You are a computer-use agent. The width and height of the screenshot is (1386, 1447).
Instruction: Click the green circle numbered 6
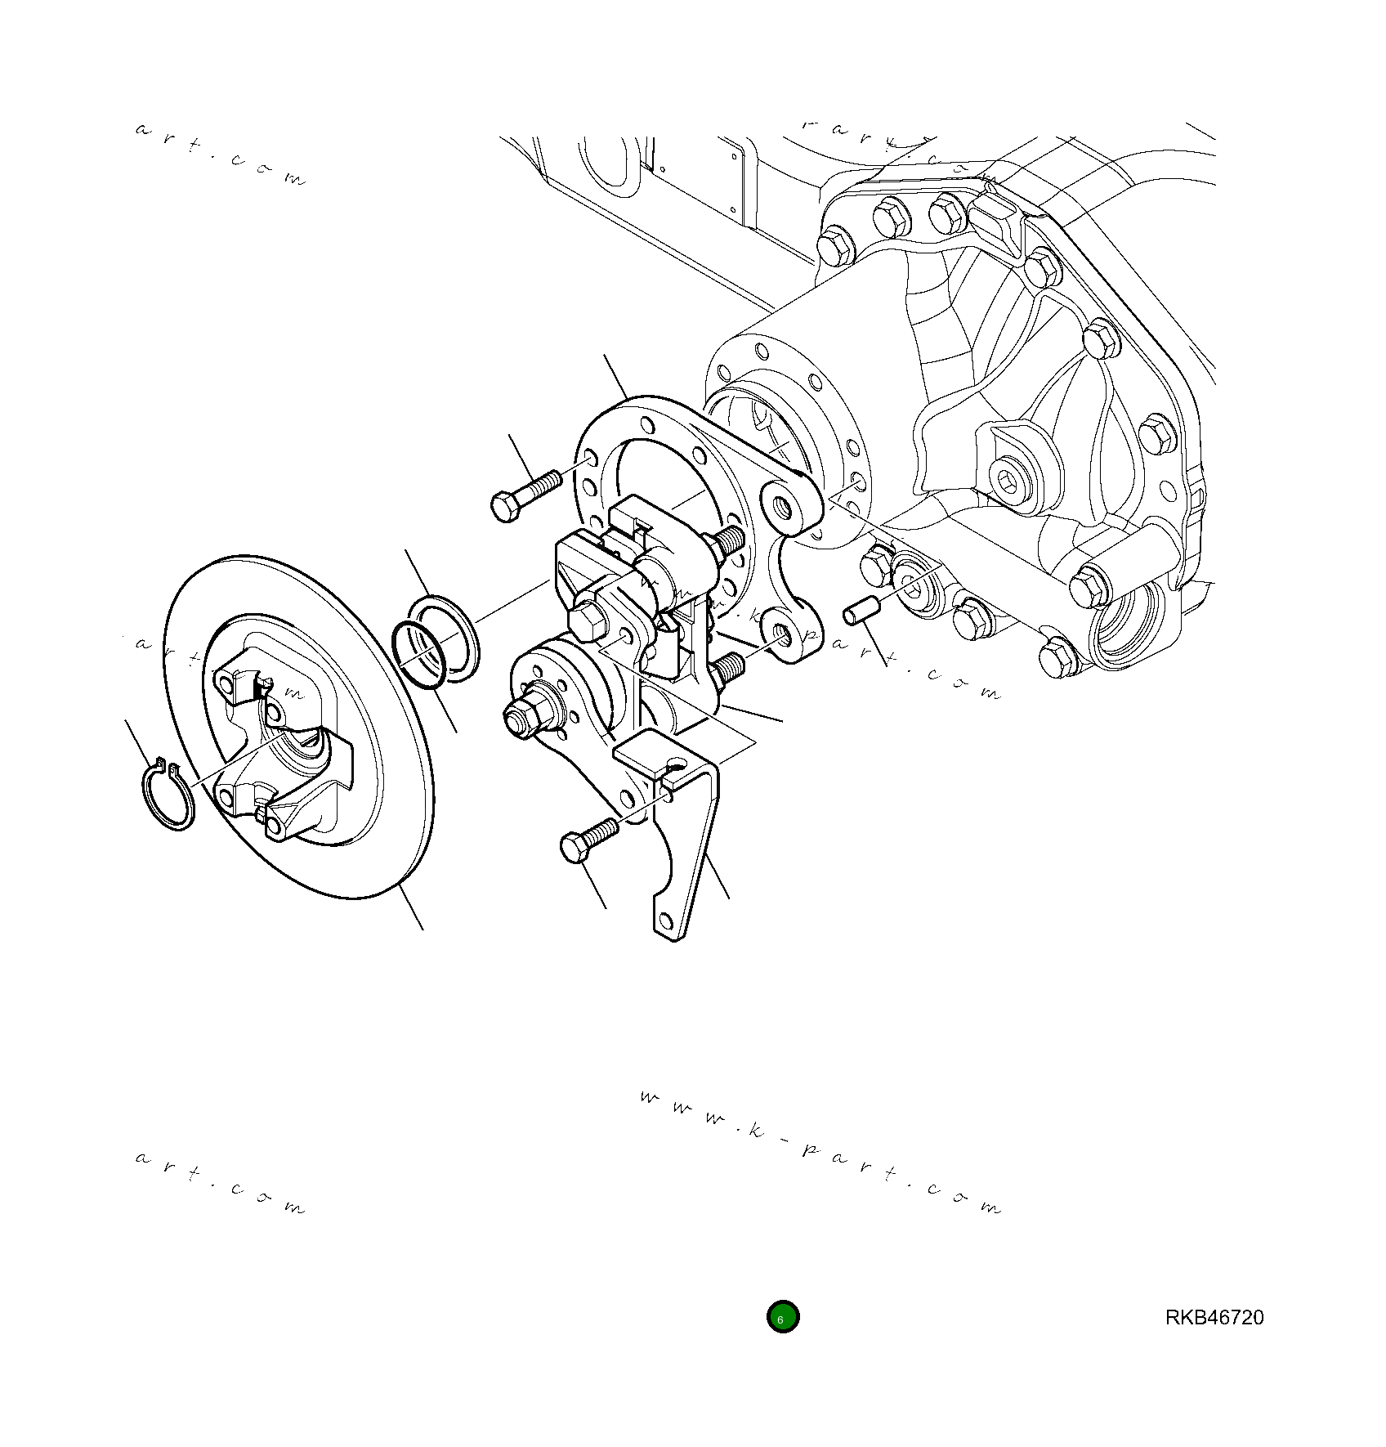[x=782, y=1317]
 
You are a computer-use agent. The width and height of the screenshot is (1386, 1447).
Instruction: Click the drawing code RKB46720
[x=1214, y=1318]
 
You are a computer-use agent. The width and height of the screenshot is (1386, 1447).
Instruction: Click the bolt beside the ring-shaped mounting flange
[x=523, y=492]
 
